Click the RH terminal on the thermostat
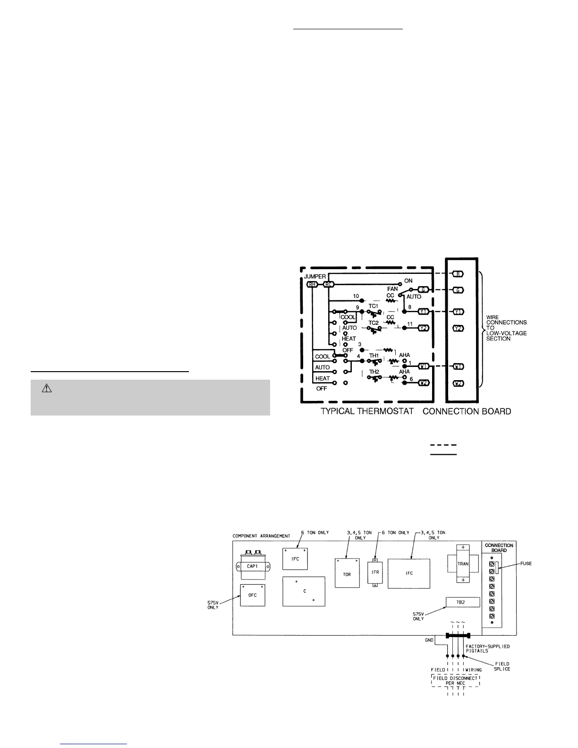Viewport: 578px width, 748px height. tap(312, 284)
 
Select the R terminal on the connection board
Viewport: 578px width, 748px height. tap(457, 274)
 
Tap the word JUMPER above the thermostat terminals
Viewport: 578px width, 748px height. tap(314, 276)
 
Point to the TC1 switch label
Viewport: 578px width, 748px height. tap(374, 306)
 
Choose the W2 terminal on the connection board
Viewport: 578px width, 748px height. tap(457, 383)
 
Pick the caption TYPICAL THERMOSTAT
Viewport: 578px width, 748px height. tap(367, 411)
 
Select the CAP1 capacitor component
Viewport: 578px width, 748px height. tap(251, 565)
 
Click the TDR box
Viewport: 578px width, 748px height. tap(347, 573)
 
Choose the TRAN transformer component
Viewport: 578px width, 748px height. tap(462, 564)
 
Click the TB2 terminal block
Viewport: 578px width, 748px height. tap(463, 602)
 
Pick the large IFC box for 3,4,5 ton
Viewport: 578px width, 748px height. tap(409, 573)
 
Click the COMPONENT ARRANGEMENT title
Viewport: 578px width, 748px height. tap(261, 536)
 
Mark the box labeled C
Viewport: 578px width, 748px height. tap(304, 591)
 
